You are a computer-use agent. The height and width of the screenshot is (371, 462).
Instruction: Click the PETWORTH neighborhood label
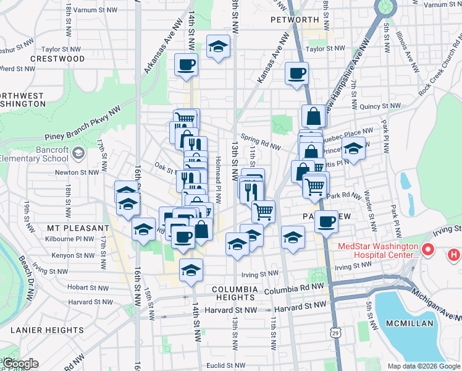[x=294, y=20]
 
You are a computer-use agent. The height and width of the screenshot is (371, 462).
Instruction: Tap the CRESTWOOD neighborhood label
[x=58, y=59]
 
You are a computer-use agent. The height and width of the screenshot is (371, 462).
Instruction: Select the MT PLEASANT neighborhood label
[x=70, y=228]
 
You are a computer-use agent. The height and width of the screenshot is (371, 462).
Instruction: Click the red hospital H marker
[x=454, y=254]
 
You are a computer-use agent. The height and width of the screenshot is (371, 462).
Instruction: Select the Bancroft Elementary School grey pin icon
[x=78, y=153]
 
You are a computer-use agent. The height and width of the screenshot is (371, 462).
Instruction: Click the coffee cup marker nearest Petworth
[x=296, y=74]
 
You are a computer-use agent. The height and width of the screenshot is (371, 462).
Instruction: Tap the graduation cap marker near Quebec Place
[x=354, y=148]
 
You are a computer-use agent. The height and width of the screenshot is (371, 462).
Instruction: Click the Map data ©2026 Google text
[x=424, y=366]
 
